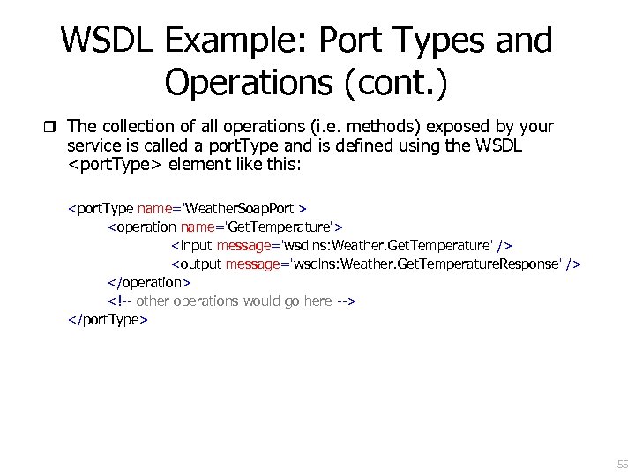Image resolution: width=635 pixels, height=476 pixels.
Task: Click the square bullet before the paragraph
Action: (50, 126)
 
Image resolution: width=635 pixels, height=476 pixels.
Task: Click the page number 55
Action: (623, 465)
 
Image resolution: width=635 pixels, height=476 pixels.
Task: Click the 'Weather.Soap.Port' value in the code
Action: (241, 208)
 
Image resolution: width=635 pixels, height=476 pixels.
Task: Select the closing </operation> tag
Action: (149, 282)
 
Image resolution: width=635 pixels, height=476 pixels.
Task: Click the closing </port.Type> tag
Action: (108, 319)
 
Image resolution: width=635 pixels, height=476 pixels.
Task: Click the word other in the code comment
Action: (153, 301)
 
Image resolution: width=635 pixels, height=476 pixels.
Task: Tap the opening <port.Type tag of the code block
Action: (101, 208)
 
